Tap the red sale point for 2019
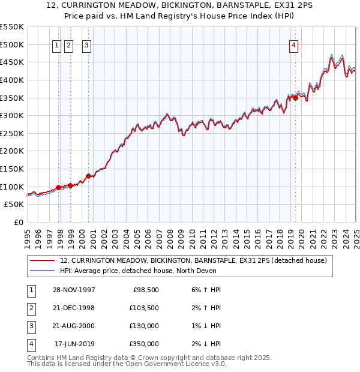click(295, 99)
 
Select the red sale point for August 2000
click(88, 176)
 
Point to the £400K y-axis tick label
click(11, 80)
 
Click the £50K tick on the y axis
click(14, 205)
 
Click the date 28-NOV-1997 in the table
click(74, 290)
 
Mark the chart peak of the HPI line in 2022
click(332, 55)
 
